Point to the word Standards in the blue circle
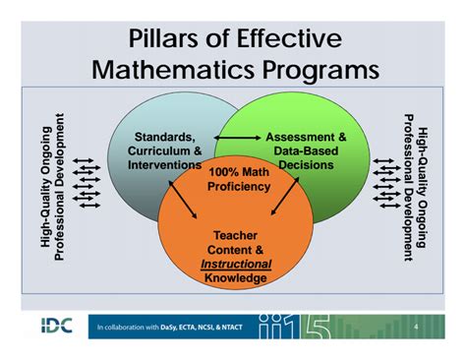[164, 137]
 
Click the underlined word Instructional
[236, 265]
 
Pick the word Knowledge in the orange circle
[236, 279]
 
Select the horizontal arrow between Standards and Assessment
[236, 137]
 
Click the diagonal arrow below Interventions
[186, 196]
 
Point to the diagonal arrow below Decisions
[285, 196]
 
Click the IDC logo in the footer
[53, 326]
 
